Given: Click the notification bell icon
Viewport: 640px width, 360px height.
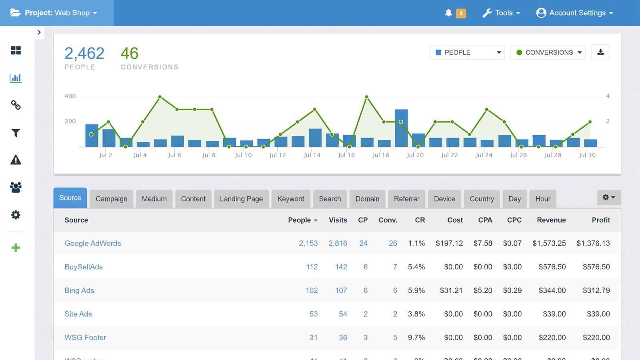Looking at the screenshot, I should tap(448, 13).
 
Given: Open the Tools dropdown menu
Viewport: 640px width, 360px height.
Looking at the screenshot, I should tap(502, 13).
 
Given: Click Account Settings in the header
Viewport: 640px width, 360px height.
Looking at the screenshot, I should tap(575, 13).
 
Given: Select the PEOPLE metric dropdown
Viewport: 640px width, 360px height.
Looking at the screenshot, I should tap(467, 52).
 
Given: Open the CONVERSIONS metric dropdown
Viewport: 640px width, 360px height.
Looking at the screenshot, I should tap(548, 52).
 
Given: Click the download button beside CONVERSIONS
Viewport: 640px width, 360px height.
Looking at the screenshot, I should tap(600, 52).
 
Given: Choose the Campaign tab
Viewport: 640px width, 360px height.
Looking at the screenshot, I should tap(111, 199).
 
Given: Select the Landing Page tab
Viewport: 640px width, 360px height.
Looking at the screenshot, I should tap(241, 199).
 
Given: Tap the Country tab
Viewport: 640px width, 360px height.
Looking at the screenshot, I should tap(482, 199).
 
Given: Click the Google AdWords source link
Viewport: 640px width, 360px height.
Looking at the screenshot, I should tap(93, 243).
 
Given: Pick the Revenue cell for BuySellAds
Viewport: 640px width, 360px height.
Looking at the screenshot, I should tap(552, 267).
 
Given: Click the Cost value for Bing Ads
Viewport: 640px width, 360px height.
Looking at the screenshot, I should tap(451, 290).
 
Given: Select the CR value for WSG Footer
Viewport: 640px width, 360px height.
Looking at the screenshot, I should tap(416, 338).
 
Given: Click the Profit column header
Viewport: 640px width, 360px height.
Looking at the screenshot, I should tap(600, 220).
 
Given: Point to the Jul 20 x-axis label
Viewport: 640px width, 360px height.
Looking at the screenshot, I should tap(415, 155).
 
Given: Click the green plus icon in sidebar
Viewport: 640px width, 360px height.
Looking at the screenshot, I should tap(16, 248).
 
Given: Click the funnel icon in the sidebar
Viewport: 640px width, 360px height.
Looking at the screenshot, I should tap(16, 133).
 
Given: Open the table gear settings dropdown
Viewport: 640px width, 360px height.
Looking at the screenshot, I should tap(608, 197).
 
